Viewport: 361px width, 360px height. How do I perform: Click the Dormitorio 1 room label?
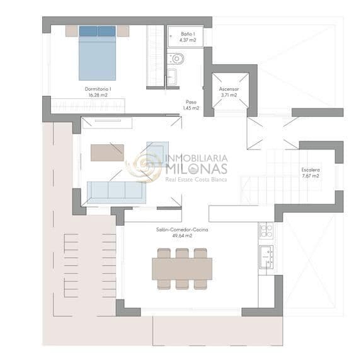coord(98,89)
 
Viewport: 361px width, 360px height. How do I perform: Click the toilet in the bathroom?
coord(177,59)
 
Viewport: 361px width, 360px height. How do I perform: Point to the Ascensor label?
coord(229,89)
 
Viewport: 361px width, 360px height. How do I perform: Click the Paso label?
coord(191,102)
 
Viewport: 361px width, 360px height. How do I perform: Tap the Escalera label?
coord(311,170)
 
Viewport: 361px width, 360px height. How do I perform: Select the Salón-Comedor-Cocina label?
coord(182,230)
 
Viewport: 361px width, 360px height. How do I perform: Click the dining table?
coord(182,269)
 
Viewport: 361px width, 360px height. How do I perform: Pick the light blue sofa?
coord(116,191)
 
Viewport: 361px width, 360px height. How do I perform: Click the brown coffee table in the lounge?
coord(107,153)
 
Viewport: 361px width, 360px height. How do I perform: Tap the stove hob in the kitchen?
coord(266,230)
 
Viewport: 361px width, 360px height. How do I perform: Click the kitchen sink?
coord(266,257)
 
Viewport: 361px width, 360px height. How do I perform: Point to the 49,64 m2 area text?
coord(182,236)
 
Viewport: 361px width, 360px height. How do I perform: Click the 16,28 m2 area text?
coord(98,95)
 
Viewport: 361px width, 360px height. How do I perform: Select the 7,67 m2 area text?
coord(311,176)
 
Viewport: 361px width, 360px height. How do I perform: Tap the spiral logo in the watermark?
coord(144,166)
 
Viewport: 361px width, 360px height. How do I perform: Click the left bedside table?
coord(71,30)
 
